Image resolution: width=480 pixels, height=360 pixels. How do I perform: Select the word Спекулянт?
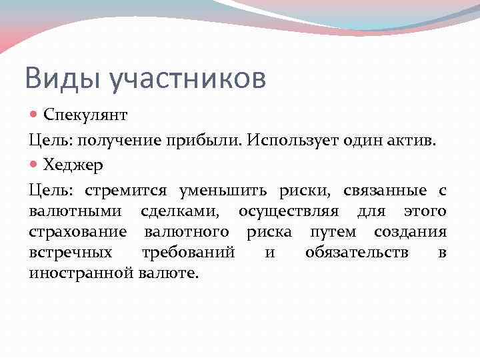(x=85, y=115)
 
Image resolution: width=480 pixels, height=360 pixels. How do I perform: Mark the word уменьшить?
(x=223, y=191)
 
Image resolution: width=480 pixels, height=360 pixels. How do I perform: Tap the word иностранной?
(x=82, y=273)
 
